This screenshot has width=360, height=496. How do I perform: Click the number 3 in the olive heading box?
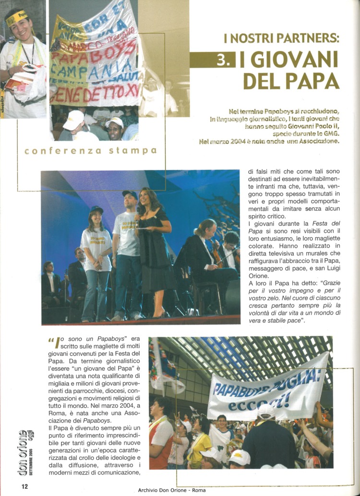click(x=224, y=60)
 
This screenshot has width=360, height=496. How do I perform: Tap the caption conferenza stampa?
click(x=91, y=151)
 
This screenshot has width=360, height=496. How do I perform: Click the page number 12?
click(x=24, y=486)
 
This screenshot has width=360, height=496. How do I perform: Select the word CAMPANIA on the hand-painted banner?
click(x=94, y=72)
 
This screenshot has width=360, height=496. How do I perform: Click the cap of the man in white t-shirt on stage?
click(x=130, y=194)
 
